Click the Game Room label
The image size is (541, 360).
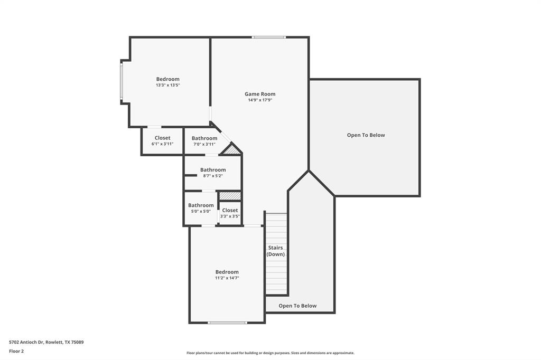pos(260,94)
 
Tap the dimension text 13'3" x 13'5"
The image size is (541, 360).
pos(167,85)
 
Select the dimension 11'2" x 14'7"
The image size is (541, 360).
pos(227,278)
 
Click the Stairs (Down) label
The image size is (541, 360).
pos(275,251)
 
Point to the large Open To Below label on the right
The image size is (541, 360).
pos(366,135)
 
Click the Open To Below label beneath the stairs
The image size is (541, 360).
pos(297,306)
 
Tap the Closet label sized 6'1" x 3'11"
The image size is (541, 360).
pos(162,138)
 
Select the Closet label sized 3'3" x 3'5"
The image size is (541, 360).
pos(230,210)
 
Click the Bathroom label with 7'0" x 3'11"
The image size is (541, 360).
pos(204,138)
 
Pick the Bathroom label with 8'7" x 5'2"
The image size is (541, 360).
pos(213,170)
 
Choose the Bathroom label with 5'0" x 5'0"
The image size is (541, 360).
pos(201,205)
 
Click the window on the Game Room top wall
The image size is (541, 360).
pos(269,37)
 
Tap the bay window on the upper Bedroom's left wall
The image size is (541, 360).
pos(122,81)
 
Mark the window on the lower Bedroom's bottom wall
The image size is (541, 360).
pos(227,323)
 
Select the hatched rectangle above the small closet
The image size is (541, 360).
pos(230,196)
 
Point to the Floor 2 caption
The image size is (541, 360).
pos(16,351)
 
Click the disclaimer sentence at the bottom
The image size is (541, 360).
pos(270,353)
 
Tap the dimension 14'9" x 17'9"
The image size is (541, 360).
pos(260,100)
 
